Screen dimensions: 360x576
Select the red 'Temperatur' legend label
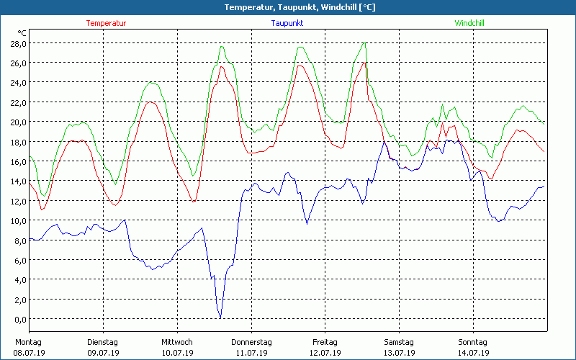point(106,23)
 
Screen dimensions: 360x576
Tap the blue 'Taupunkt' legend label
point(287,23)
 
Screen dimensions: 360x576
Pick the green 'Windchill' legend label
point(469,23)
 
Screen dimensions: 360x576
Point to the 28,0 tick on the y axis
point(17,43)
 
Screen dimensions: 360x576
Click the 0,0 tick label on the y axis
point(19,319)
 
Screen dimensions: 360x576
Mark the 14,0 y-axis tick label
point(17,181)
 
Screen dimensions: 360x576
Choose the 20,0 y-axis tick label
point(17,122)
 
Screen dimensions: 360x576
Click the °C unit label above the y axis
point(22,33)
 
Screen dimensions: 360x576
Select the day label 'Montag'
point(27,342)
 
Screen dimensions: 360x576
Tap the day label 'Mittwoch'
point(176,342)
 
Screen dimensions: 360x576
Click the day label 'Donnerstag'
point(251,342)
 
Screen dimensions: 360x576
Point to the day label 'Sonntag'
point(472,342)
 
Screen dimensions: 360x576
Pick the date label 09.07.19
point(102,353)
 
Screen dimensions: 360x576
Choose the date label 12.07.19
point(325,353)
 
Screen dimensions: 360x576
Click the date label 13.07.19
point(399,353)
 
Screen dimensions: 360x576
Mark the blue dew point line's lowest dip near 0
point(220,317)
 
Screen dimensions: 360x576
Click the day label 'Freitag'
point(325,342)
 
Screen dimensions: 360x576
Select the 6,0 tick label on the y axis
point(19,260)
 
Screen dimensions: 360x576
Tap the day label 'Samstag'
point(399,342)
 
